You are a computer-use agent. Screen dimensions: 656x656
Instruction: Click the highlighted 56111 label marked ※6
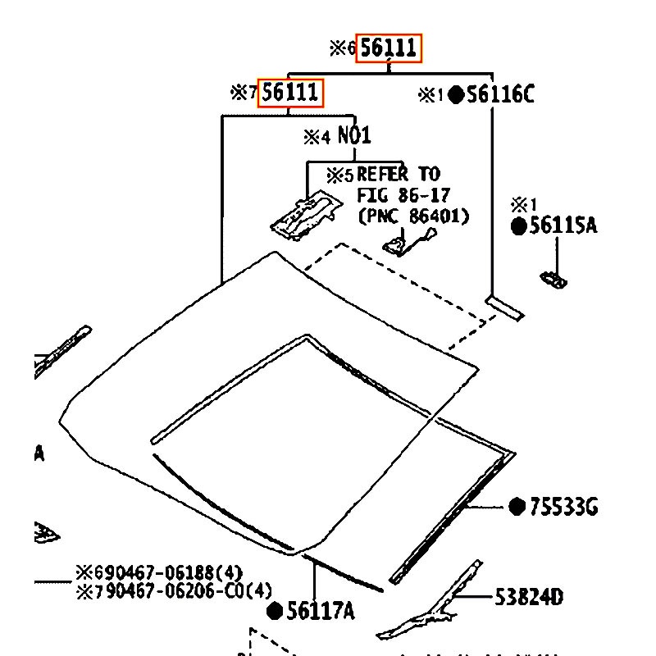[388, 48]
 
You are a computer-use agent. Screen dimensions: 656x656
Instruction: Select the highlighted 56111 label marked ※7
[290, 93]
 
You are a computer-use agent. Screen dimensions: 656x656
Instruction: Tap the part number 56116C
[500, 95]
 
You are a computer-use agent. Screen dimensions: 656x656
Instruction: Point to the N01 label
[354, 135]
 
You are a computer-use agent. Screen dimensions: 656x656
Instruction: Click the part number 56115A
[563, 226]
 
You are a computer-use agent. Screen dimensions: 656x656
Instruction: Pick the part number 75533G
[563, 508]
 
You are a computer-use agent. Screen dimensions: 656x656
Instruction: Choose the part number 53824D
[529, 597]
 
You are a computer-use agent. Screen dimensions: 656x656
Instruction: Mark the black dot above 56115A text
[519, 227]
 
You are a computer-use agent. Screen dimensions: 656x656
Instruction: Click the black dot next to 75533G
[517, 507]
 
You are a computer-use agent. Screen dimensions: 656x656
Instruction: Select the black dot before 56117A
[276, 611]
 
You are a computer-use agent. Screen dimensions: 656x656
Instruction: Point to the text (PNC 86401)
[413, 216]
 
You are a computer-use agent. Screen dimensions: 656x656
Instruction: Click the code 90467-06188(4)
[179, 572]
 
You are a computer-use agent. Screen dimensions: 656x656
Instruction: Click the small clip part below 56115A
[553, 280]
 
